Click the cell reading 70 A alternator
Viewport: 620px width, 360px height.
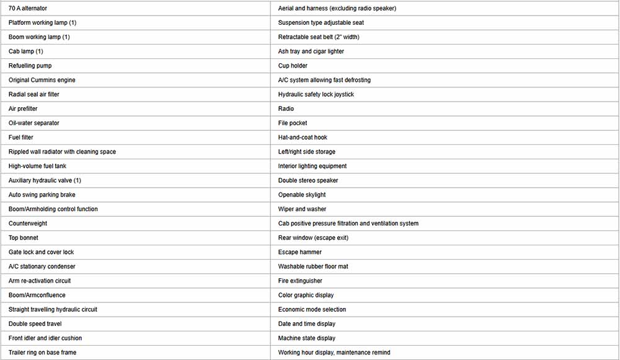(x=28, y=8)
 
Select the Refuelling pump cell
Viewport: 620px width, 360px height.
(x=30, y=66)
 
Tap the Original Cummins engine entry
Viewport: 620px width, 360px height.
(x=42, y=80)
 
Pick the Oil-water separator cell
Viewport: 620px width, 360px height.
(x=34, y=123)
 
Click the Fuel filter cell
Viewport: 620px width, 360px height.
(x=21, y=138)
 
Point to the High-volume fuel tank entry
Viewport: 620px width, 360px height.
(x=37, y=166)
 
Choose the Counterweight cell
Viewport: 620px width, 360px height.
(x=28, y=223)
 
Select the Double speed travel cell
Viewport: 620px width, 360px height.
(x=35, y=323)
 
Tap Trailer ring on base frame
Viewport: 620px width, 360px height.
(x=43, y=353)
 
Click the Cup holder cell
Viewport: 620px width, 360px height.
(x=293, y=66)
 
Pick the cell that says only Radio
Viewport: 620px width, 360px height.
(x=286, y=108)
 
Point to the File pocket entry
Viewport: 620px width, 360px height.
(x=293, y=123)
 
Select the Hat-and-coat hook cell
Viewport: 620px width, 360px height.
(x=303, y=138)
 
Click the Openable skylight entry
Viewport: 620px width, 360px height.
(x=302, y=195)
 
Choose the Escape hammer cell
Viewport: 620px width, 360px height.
(x=300, y=252)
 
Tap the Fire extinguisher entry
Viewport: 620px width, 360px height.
(x=300, y=281)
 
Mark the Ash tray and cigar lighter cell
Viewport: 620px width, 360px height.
(x=311, y=51)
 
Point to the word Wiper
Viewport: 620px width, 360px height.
(x=286, y=209)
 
